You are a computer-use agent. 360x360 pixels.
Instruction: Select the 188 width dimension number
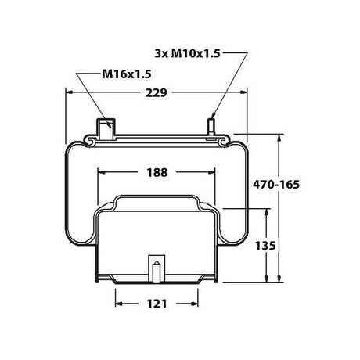click(x=158, y=172)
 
